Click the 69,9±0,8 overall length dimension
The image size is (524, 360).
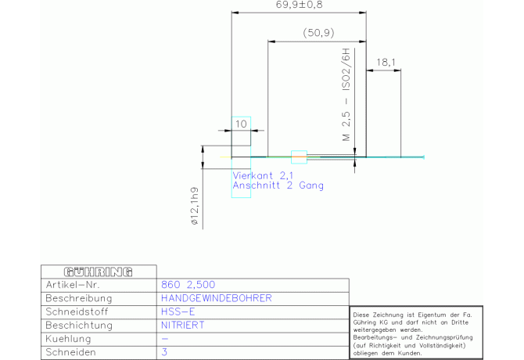[x=299, y=5]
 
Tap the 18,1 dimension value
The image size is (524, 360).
[x=386, y=63]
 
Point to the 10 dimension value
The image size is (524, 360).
[x=241, y=124]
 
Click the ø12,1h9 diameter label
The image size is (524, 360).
[x=195, y=206]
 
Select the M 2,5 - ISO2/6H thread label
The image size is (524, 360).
[x=346, y=95]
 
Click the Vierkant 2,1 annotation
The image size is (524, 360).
[x=263, y=175]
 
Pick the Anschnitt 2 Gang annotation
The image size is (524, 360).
[x=278, y=185]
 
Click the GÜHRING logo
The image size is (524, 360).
[x=99, y=272]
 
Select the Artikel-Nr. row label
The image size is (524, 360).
[x=73, y=285]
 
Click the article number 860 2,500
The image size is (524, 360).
[x=188, y=285]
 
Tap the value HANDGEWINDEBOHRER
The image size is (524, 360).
[x=217, y=298]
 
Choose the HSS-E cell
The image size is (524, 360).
[x=178, y=311]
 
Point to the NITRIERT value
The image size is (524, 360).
[x=182, y=326]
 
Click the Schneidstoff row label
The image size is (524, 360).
[x=77, y=311]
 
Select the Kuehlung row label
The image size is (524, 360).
[x=68, y=339]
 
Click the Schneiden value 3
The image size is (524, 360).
[x=164, y=352]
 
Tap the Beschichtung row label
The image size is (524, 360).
[x=79, y=326]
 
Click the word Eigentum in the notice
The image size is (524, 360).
[x=432, y=315]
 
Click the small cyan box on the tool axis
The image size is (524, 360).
[x=299, y=157]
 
